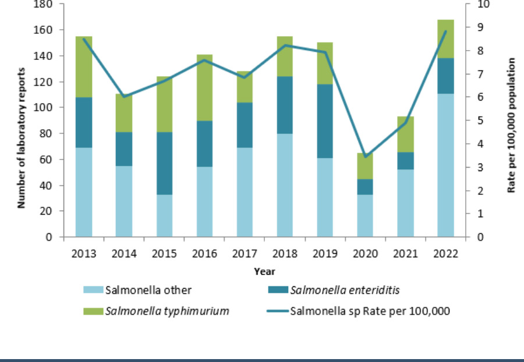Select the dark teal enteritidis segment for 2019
click(325, 121)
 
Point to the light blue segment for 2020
click(364, 215)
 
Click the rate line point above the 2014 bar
click(124, 97)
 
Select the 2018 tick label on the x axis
click(285, 254)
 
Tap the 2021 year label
click(405, 254)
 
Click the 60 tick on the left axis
click(48, 159)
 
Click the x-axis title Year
click(264, 271)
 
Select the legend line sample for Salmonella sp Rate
click(278, 311)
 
